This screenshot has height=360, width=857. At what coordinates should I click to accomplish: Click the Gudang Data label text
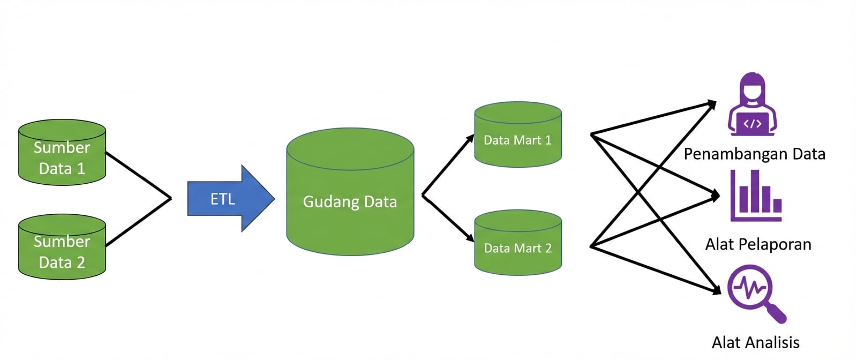(x=350, y=201)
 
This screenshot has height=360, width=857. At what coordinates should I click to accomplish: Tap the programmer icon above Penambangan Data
(x=752, y=105)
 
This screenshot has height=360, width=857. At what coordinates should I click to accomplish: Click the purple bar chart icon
(x=756, y=196)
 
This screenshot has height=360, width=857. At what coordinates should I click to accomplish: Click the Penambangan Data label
(x=754, y=154)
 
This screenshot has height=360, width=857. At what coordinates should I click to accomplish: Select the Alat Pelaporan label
(x=758, y=245)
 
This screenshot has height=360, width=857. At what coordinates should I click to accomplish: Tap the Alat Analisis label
(x=755, y=342)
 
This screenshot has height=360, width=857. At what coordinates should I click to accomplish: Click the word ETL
(x=223, y=199)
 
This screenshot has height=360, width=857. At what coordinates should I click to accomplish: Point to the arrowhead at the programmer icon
(x=712, y=103)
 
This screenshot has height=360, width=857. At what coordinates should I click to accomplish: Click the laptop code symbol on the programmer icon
(x=752, y=124)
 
